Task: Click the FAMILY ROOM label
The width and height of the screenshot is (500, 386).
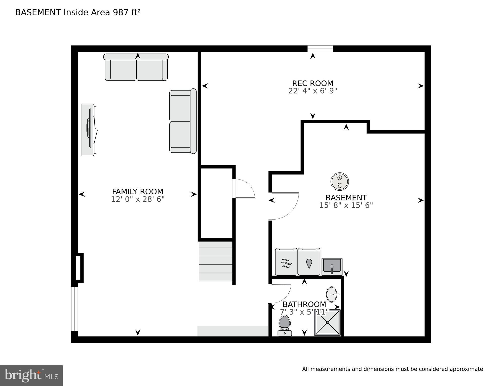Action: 138,192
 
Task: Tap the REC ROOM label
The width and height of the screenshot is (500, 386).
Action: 313,83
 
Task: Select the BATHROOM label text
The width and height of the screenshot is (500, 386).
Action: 304,304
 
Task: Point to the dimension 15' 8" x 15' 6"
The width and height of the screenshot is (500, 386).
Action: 346,205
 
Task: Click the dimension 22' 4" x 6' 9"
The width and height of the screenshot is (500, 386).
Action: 313,91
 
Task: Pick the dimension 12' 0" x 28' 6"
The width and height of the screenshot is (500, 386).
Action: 138,199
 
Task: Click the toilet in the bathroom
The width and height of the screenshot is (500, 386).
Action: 285,325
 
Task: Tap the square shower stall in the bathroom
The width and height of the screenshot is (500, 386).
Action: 327,323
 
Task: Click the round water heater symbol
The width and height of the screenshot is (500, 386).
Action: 340,182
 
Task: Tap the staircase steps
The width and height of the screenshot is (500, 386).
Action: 216,261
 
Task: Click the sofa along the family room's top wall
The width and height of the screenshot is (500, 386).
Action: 136,67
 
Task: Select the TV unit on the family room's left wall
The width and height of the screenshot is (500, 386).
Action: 88,130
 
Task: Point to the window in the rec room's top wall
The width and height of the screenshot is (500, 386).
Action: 320,49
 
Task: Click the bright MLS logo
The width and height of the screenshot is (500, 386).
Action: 31,376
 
